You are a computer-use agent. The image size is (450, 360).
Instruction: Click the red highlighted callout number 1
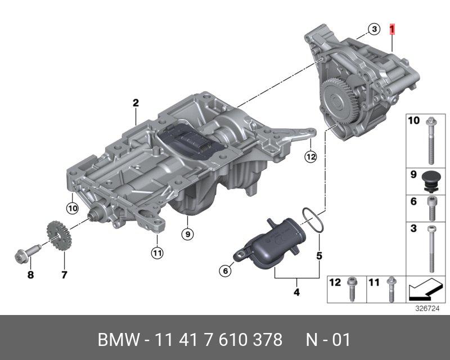[392, 29]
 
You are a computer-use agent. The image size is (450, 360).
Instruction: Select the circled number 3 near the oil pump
[374, 29]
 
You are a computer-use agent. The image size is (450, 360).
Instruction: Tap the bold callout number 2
[136, 103]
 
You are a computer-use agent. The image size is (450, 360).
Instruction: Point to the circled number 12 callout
[311, 157]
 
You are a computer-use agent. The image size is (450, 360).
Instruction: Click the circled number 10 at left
[73, 208]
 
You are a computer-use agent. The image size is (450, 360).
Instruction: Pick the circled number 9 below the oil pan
[187, 234]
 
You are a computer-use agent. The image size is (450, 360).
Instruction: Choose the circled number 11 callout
[157, 253]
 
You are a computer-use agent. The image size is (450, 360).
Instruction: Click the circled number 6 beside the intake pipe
[226, 271]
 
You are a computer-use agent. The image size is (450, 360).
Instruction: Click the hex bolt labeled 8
[26, 254]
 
